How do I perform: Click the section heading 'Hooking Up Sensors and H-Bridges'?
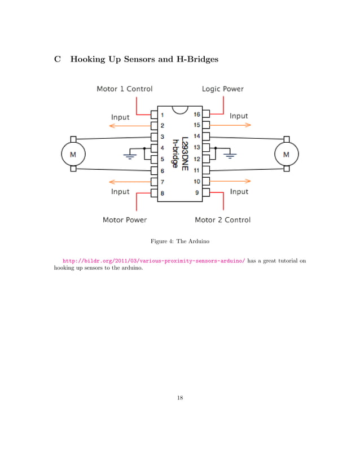point(143,59)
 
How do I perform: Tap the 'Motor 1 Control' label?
point(124,89)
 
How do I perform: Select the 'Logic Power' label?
point(223,89)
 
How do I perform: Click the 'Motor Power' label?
point(125,219)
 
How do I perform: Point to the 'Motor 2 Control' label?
point(222,219)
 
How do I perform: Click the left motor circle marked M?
point(73,154)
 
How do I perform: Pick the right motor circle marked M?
point(286,154)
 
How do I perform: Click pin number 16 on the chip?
point(197,113)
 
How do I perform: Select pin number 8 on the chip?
point(163,193)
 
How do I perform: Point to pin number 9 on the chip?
point(197,193)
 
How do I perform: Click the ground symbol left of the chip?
point(131,154)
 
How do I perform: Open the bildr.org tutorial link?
point(153,262)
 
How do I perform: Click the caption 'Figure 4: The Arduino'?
point(179,241)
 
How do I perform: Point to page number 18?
point(179,398)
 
